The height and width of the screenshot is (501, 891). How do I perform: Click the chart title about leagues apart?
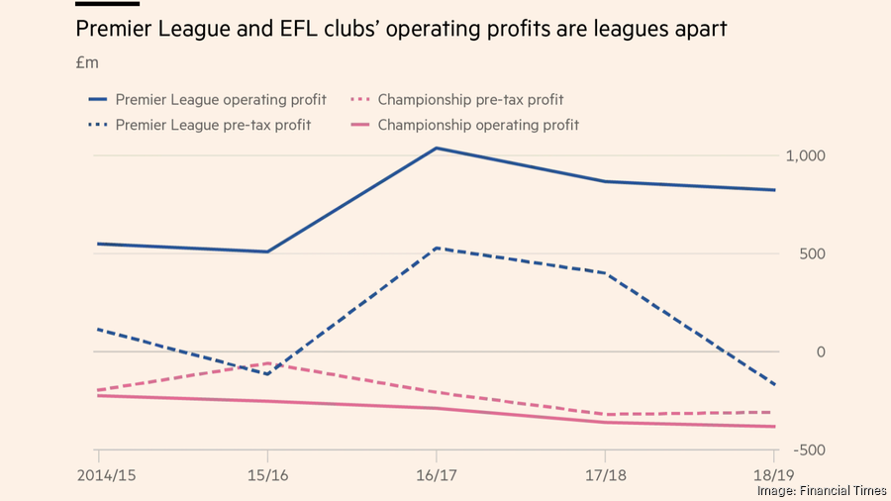point(401,30)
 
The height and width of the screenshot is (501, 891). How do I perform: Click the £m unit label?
point(87,63)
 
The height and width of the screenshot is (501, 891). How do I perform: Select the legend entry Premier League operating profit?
point(221,100)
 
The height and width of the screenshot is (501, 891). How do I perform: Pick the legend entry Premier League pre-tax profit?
point(213,125)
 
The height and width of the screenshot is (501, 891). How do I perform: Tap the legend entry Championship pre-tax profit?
point(470,100)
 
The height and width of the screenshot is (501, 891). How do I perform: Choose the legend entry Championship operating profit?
point(478,125)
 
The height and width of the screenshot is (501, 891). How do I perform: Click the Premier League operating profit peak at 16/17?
point(436,149)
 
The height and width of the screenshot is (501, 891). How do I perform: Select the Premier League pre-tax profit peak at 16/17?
point(436,248)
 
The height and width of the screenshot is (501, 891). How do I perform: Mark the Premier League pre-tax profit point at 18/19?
point(774,385)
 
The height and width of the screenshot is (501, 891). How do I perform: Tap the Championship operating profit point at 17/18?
point(604,423)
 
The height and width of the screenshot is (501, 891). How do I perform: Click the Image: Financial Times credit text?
point(821,490)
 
